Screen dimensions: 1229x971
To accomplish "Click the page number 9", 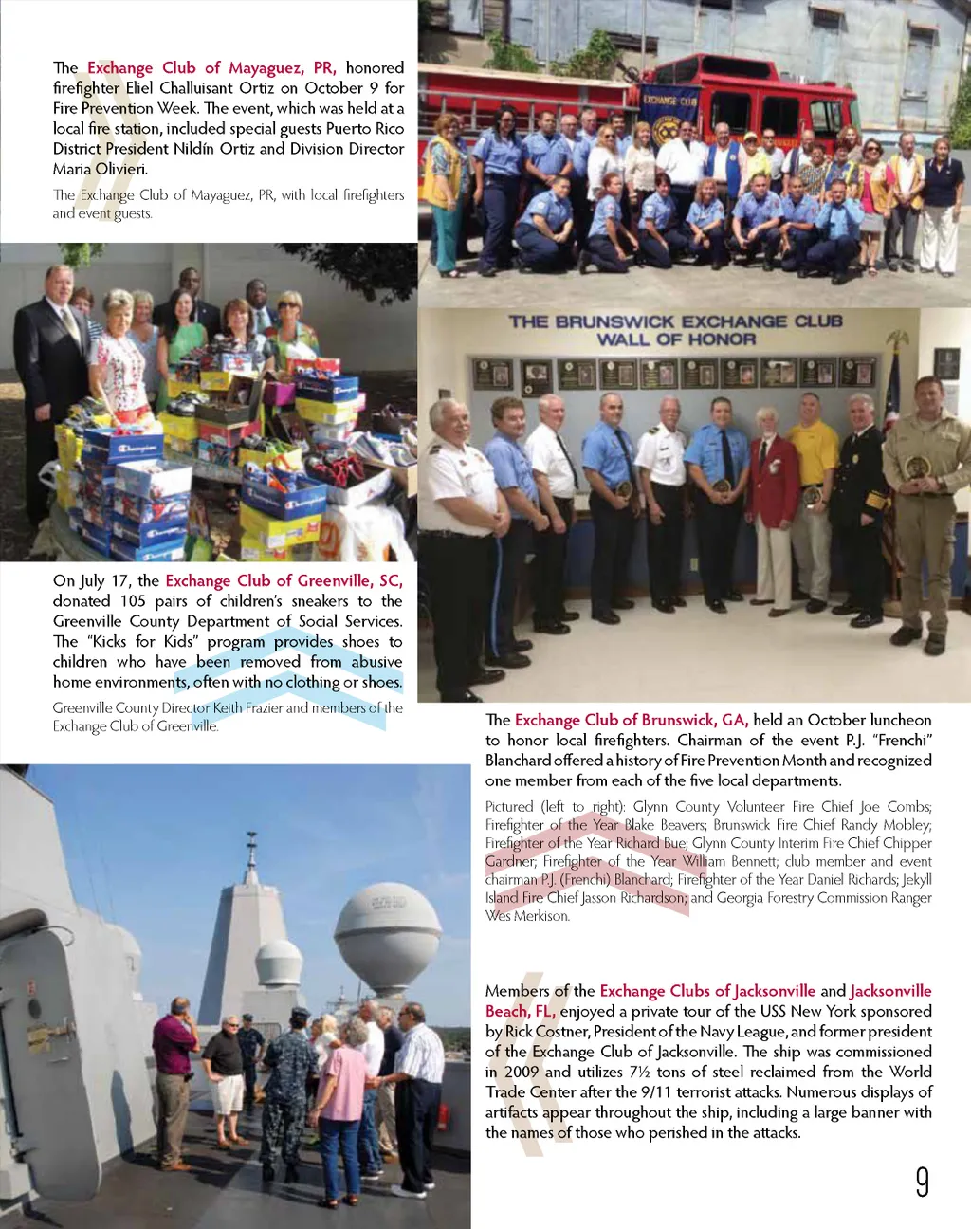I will coord(922,1182).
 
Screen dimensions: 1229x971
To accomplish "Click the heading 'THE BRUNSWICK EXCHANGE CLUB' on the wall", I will coord(675,321).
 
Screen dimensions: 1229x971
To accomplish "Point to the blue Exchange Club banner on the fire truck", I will coord(669,115).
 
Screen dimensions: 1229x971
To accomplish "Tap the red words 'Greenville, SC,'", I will coord(350,581).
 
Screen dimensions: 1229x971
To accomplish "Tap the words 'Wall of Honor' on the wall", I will coord(676,339).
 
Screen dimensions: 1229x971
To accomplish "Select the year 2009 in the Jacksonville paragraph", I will coord(521,1072).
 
